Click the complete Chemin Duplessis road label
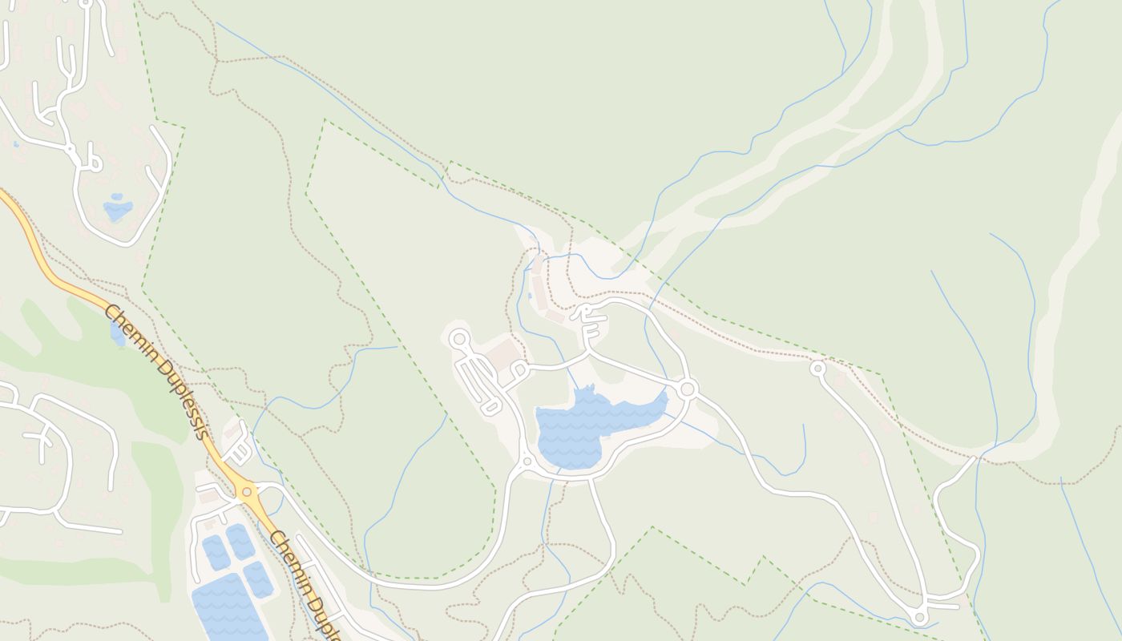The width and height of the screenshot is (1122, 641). pos(156,373)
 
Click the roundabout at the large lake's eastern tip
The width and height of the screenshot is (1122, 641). pos(687,389)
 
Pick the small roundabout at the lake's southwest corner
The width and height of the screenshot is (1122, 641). pos(527,462)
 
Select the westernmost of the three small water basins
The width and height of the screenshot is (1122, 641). pos(216,552)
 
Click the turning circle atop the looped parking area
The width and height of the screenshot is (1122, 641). pos(459,339)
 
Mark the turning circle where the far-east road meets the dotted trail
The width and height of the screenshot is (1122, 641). pos(817,369)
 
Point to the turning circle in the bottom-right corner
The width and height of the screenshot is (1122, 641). pos(920,617)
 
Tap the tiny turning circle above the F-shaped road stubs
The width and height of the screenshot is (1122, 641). pos(586,308)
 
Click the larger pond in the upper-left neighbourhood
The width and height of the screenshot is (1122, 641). pos(117,209)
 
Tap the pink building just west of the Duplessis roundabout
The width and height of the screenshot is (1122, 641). pos(208,497)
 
